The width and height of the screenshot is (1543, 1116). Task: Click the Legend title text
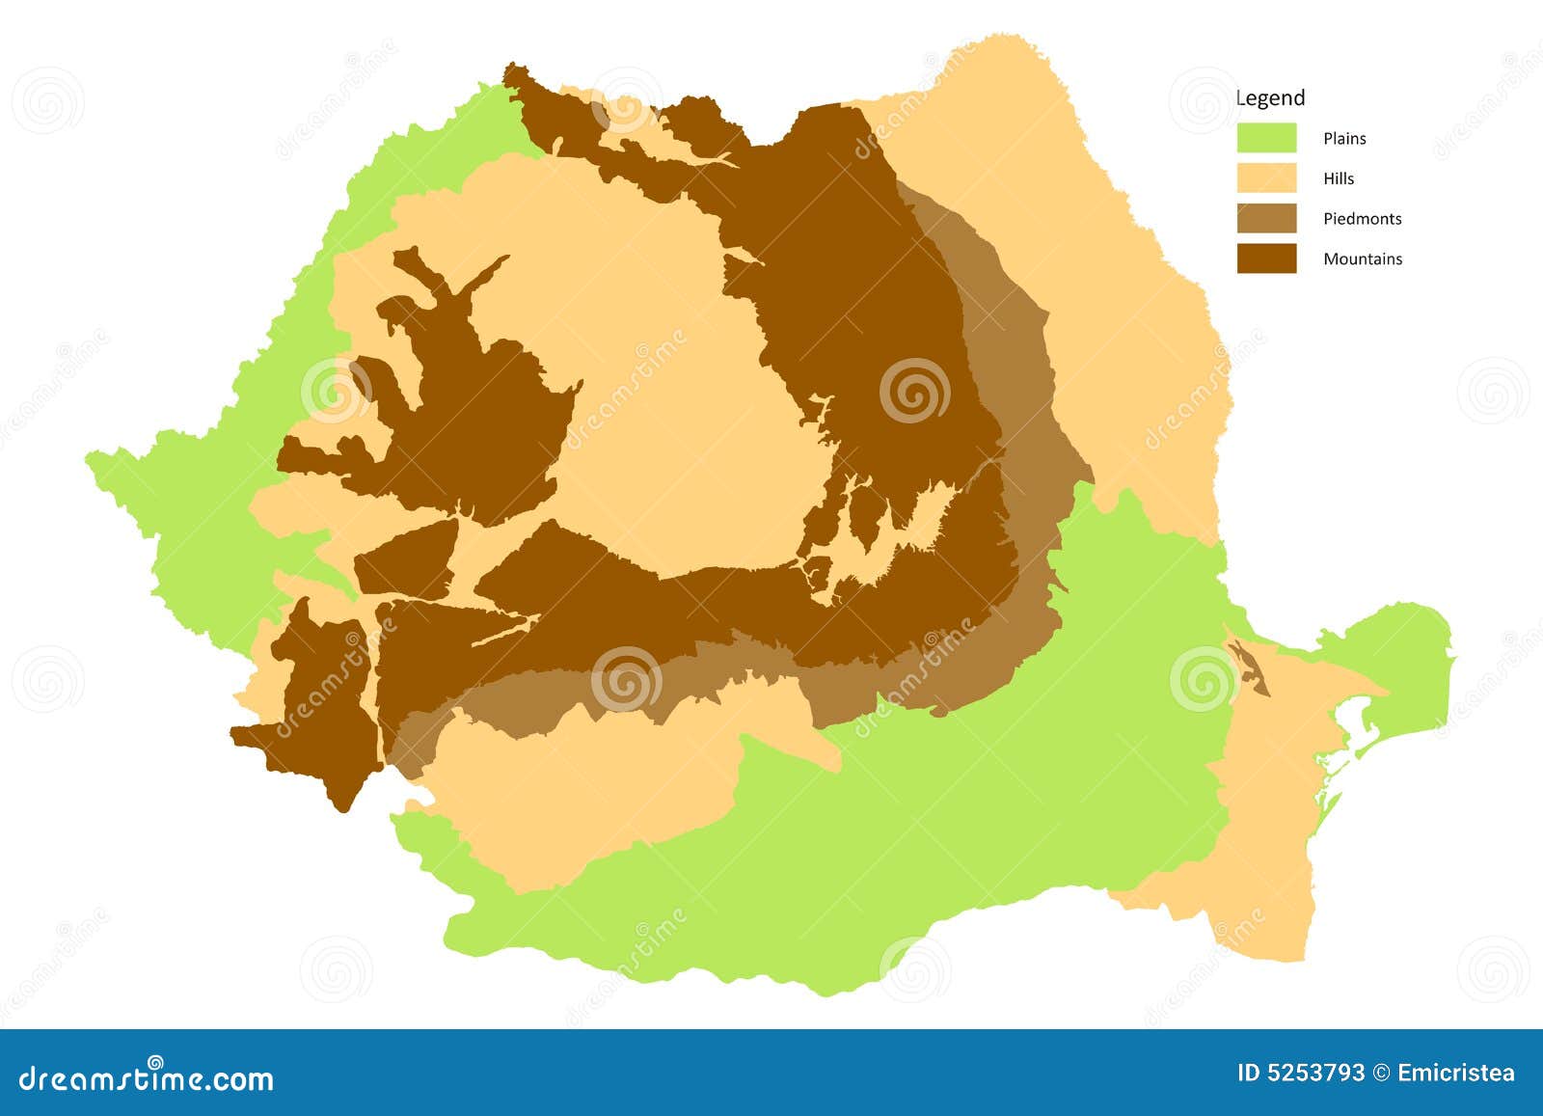tap(1270, 97)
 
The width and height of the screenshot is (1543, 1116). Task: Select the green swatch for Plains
tap(1266, 138)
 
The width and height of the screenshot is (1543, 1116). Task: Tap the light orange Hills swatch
tap(1266, 178)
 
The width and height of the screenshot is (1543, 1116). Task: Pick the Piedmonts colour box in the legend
tap(1266, 219)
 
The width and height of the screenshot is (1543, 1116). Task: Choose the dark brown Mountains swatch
tap(1266, 259)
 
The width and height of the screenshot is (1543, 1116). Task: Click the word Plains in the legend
tap(1344, 139)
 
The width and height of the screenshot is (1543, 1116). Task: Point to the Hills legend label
tap(1339, 179)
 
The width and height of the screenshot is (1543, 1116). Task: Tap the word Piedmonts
tap(1362, 219)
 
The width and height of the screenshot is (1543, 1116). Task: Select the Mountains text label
tap(1363, 259)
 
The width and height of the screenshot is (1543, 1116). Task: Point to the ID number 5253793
tap(1301, 1074)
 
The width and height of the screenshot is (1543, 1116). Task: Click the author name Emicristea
tap(1455, 1074)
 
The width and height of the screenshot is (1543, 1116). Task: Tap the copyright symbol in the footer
tap(1382, 1074)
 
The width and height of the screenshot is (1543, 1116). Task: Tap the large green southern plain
tap(964, 820)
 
